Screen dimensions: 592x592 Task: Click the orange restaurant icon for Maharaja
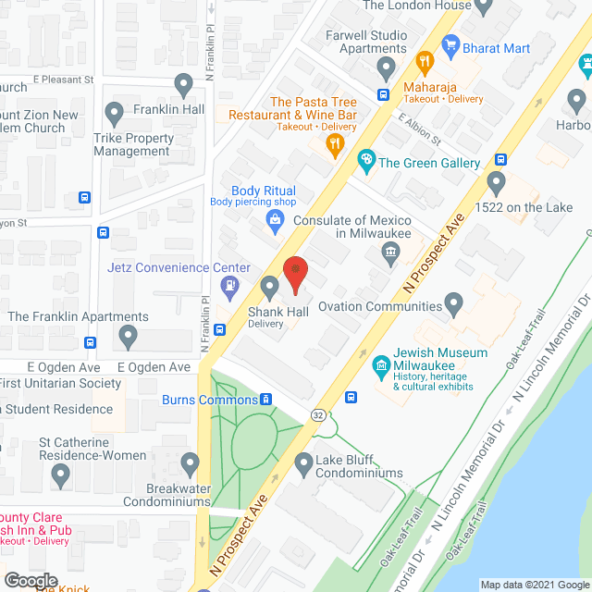click(x=425, y=64)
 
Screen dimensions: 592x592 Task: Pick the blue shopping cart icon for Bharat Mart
click(x=451, y=43)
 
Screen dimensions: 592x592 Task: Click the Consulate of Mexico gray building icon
click(x=390, y=251)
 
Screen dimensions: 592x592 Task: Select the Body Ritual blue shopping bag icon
click(x=274, y=219)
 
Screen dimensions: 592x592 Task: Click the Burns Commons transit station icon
click(x=265, y=400)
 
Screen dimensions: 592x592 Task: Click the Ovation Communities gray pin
click(x=453, y=302)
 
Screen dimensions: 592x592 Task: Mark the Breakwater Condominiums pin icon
click(x=191, y=462)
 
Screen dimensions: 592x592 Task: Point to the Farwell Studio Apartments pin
click(x=387, y=67)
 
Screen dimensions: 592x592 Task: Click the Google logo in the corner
click(x=31, y=581)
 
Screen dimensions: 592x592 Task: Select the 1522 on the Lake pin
click(x=497, y=182)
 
